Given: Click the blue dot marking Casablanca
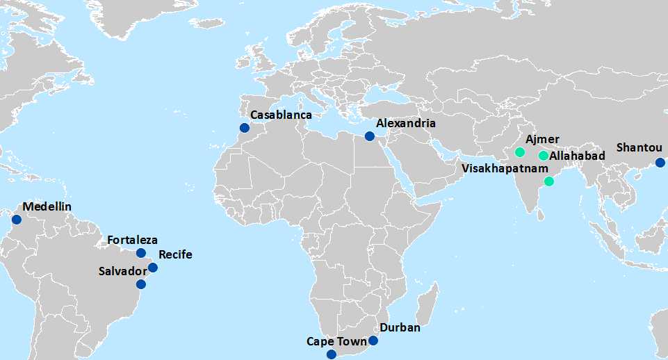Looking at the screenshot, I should pyautogui.click(x=244, y=128).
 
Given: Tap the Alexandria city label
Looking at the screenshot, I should pyautogui.click(x=406, y=123).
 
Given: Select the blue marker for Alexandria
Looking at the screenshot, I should pyautogui.click(x=369, y=136).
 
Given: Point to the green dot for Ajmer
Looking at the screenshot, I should pyautogui.click(x=519, y=152).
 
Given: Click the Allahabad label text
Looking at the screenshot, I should pyautogui.click(x=577, y=156).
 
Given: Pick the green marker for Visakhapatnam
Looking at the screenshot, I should pyautogui.click(x=548, y=181).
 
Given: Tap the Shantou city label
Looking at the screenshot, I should pyautogui.click(x=640, y=147).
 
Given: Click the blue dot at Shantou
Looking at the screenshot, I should pyautogui.click(x=660, y=163).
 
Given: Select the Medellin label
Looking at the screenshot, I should pyautogui.click(x=47, y=206).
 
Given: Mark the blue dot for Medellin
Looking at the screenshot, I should pyautogui.click(x=17, y=220).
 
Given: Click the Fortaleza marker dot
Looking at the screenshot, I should pyautogui.click(x=141, y=253).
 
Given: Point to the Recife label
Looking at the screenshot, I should pyautogui.click(x=175, y=254).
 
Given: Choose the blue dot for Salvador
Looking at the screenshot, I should pyautogui.click(x=141, y=284).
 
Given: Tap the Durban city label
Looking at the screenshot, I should pyautogui.click(x=400, y=328).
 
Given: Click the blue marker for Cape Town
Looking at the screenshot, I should pyautogui.click(x=332, y=354).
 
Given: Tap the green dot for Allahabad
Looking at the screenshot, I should pyautogui.click(x=544, y=156).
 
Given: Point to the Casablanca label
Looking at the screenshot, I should pyautogui.click(x=281, y=115).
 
